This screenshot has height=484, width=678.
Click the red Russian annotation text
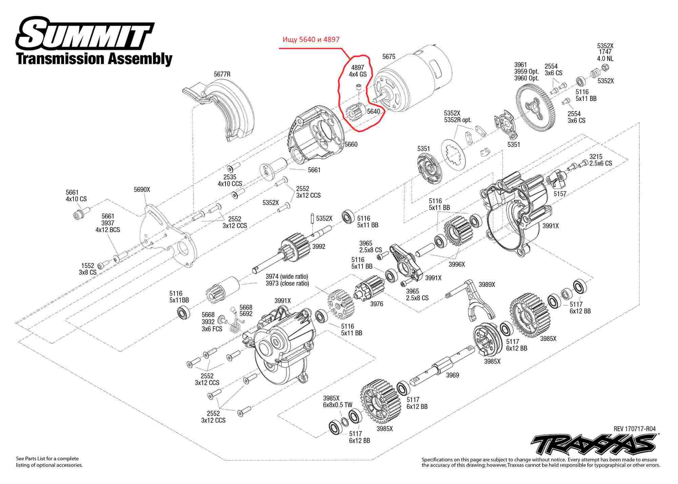[311, 39]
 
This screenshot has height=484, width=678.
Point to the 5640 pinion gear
[355, 112]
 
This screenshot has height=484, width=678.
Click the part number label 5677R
[222, 74]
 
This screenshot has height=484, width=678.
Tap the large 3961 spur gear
[537, 106]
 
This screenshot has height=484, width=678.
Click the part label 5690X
[142, 189]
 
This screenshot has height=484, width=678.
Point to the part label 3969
[452, 375]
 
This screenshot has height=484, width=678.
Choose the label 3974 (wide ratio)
[287, 277]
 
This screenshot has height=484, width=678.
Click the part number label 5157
[560, 194]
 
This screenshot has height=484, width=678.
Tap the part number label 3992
[319, 247]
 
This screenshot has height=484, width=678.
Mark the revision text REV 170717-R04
[634, 429]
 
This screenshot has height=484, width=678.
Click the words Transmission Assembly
[95, 59]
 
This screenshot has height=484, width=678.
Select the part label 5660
[351, 144]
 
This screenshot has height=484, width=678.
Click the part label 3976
[377, 304]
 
